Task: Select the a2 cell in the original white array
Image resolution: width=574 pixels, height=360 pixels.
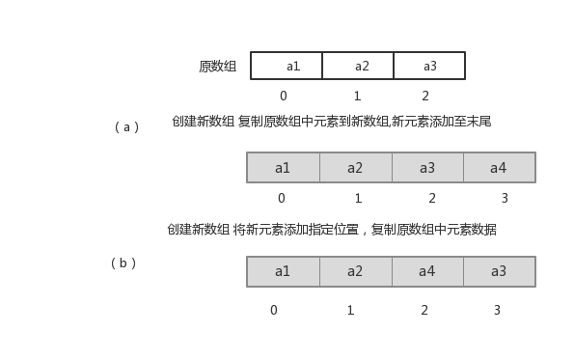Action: tap(358, 66)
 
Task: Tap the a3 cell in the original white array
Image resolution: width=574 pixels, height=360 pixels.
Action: tap(429, 66)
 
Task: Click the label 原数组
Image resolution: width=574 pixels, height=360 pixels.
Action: tap(217, 66)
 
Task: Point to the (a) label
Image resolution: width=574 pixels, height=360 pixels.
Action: tap(126, 126)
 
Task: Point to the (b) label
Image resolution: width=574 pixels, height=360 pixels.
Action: tap(123, 263)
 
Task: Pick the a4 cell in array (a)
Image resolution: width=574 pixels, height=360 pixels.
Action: tap(499, 168)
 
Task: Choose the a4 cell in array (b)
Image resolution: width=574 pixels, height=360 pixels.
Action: tap(427, 271)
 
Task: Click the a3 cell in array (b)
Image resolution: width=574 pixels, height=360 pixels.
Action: tap(499, 271)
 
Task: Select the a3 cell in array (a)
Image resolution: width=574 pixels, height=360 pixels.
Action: tap(427, 168)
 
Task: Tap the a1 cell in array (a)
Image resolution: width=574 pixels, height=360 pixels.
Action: tap(283, 168)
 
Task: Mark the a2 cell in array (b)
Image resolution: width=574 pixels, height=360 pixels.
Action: tap(355, 271)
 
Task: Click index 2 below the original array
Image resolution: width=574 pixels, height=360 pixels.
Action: tap(425, 96)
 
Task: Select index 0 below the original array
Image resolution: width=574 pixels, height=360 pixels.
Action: tap(283, 96)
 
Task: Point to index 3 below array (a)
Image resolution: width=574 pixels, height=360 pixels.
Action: tap(505, 199)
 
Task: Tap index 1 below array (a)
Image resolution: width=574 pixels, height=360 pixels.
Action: tap(358, 199)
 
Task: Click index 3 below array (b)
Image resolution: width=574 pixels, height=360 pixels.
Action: tap(497, 310)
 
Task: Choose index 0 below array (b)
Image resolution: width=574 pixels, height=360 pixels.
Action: tap(274, 310)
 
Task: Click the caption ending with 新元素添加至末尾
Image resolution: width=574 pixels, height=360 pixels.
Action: tap(331, 122)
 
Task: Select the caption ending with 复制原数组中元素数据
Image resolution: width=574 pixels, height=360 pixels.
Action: tap(331, 230)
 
